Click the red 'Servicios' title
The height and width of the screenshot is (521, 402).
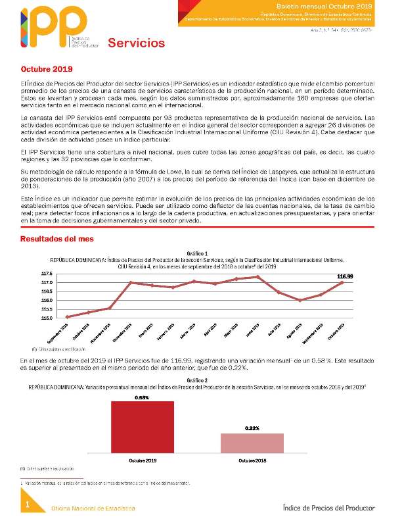coord(136,43)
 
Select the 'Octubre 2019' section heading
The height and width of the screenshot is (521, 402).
coord(47,68)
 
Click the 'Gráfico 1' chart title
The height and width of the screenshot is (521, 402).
coord(197,253)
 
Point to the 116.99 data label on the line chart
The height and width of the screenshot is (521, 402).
coord(346,276)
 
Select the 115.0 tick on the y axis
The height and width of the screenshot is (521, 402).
coord(46,318)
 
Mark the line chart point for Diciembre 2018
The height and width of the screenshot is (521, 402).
coord(131,283)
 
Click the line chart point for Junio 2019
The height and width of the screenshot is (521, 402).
coord(257,277)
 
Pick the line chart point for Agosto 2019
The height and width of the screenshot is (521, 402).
coord(300,300)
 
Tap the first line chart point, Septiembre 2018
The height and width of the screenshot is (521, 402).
coord(68,316)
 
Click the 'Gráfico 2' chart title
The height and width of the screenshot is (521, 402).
coord(197,380)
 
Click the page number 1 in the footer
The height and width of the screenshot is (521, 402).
coord(28,504)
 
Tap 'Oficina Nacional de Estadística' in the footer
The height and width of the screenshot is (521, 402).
coord(94,509)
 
